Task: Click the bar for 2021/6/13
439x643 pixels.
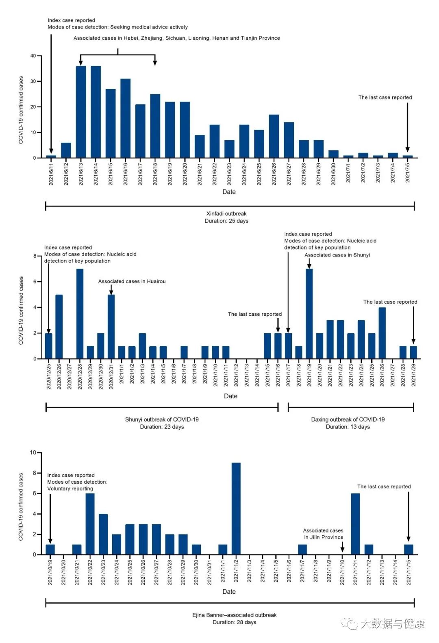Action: coord(81,112)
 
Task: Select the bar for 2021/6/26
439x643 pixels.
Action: coord(274,136)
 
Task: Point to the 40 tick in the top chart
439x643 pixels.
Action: coord(33,56)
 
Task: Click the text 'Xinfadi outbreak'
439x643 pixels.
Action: coord(226,213)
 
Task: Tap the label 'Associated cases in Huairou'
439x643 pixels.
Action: coord(132,281)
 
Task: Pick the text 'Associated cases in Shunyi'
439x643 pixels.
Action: coord(337,255)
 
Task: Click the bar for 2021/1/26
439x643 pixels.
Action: coord(382,333)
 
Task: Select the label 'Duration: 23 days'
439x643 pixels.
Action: coord(162,427)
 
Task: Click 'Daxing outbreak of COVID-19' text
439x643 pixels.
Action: coord(348,419)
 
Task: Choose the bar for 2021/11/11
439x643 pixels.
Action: coord(355,524)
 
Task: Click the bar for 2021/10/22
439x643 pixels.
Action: coord(90,524)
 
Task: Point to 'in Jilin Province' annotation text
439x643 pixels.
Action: coord(324,537)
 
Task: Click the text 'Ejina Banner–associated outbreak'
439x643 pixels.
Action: coord(234,615)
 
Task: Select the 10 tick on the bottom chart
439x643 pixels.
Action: coord(33,452)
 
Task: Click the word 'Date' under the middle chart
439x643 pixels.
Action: coord(230,396)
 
